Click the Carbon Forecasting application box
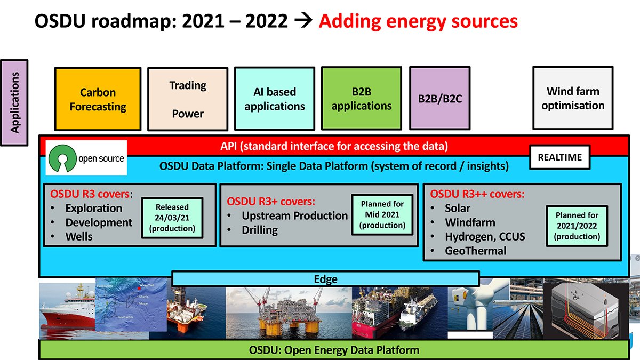(x=98, y=99)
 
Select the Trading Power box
(x=187, y=99)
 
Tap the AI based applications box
(x=275, y=99)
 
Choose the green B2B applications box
(x=362, y=99)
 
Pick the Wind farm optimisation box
(x=573, y=98)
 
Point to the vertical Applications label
(x=15, y=102)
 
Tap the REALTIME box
(x=559, y=157)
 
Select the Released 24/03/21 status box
(x=172, y=218)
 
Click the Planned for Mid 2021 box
(x=382, y=214)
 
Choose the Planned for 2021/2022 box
(x=577, y=226)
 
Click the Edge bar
(x=325, y=279)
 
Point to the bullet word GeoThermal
(x=475, y=251)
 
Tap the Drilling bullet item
(x=259, y=230)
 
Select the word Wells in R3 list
(x=79, y=236)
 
